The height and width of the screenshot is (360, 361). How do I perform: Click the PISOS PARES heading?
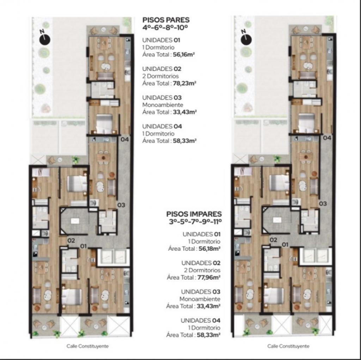click(x=166, y=20)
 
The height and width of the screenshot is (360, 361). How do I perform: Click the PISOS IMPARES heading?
click(x=194, y=214)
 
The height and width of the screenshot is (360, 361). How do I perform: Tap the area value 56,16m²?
click(x=184, y=55)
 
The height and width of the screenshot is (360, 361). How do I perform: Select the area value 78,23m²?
click(x=184, y=84)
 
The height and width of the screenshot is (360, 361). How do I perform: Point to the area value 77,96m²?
click(x=208, y=277)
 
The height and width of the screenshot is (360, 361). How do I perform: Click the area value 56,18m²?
click(x=208, y=249)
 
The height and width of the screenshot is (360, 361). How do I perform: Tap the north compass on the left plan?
click(x=44, y=37)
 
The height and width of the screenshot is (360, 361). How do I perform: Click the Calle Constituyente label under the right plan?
click(x=288, y=346)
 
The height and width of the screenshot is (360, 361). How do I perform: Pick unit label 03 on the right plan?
click(x=323, y=203)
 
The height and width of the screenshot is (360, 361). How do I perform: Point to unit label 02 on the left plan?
click(x=71, y=241)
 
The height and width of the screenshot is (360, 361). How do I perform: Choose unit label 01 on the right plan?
click(x=285, y=244)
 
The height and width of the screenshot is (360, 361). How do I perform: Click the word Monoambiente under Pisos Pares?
click(x=163, y=105)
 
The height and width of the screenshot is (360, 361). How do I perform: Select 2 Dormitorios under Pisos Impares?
click(x=204, y=270)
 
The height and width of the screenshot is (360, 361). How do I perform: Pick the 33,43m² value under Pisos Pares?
click(x=184, y=112)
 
